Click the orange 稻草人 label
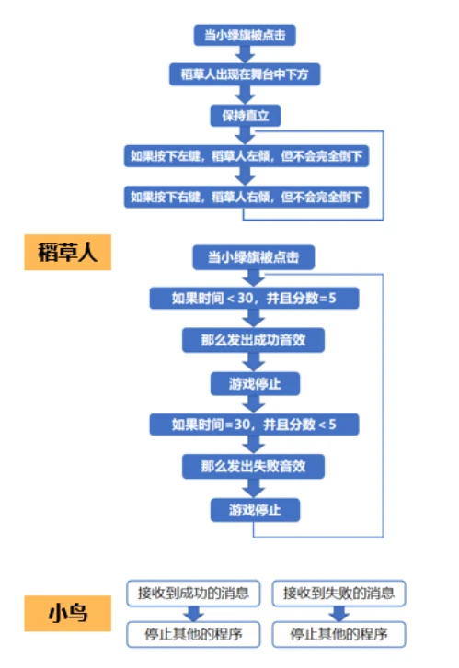tap(67, 252)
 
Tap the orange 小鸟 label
tap(67, 613)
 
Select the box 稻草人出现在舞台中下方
tap(245, 74)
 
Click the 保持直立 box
tap(246, 116)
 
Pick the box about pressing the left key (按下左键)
tap(247, 156)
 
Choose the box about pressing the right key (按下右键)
tap(247, 197)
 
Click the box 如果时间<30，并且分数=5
tap(254, 298)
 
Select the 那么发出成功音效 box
tap(253, 340)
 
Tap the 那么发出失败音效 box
tap(253, 466)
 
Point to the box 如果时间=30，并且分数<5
tap(254, 425)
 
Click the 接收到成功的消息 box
tap(193, 593)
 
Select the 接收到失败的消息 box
tap(339, 593)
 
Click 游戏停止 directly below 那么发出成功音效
tap(255, 384)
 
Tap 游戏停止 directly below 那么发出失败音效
tap(255, 510)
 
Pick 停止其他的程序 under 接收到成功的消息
tap(193, 634)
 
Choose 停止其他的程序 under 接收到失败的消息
tap(339, 634)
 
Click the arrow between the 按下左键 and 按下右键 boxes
tap(245, 176)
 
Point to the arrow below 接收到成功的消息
tap(194, 614)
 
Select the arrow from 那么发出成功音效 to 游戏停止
tap(254, 362)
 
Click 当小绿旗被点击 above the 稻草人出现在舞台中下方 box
tap(245, 35)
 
